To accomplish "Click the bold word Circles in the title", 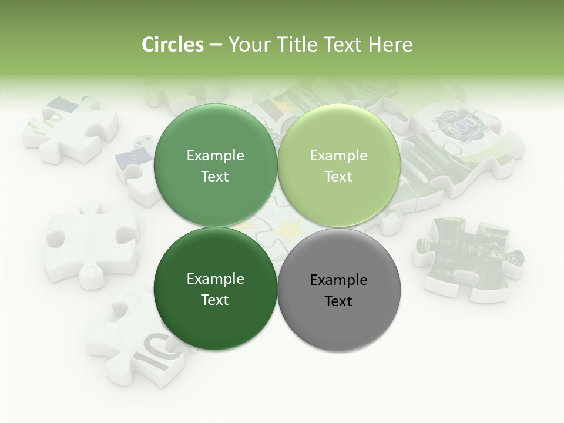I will (x=172, y=45).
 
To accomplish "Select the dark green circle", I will (x=215, y=320).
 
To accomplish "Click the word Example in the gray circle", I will (x=339, y=280).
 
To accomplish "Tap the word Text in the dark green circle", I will (x=215, y=300).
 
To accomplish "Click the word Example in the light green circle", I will (x=339, y=156).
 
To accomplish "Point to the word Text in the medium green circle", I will (x=215, y=177).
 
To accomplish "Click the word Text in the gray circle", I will (x=339, y=301).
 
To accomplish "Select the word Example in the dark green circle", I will (x=215, y=279).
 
